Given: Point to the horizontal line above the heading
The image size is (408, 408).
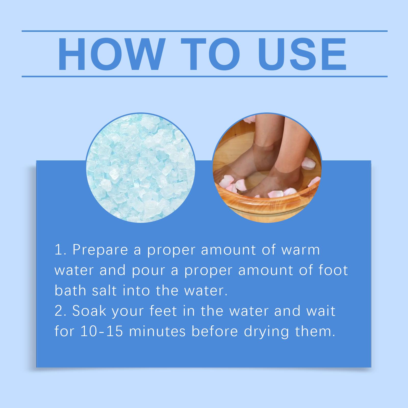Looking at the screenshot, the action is [x=205, y=31].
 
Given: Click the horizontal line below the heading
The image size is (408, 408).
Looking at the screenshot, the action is [x=205, y=76].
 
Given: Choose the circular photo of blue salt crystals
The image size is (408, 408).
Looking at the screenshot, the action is [x=141, y=168].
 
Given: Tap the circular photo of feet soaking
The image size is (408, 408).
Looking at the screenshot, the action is [x=267, y=168].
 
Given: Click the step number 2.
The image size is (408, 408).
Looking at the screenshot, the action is [x=59, y=311].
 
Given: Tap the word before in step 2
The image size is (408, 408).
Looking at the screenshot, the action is [x=214, y=331].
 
